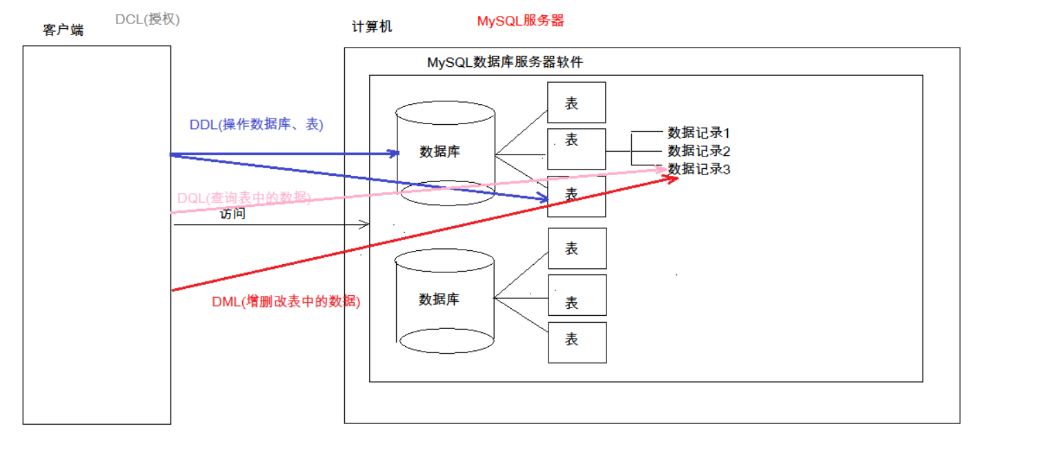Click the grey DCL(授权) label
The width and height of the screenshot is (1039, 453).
pyautogui.click(x=147, y=19)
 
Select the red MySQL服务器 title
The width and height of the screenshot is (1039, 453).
pyautogui.click(x=520, y=21)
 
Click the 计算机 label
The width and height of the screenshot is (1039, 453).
pyautogui.click(x=372, y=27)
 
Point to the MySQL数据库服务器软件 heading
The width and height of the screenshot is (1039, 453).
pyautogui.click(x=504, y=62)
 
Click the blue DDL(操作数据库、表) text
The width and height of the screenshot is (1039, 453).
pyautogui.click(x=256, y=125)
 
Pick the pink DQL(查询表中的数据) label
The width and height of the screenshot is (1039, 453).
pyautogui.click(x=244, y=198)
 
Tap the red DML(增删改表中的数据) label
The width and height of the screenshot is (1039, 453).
pyautogui.click(x=286, y=301)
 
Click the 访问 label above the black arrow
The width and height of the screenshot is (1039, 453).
pyautogui.click(x=232, y=214)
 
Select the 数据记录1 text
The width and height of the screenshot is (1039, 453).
pyautogui.click(x=698, y=132)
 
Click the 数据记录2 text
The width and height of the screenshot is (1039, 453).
pyautogui.click(x=698, y=150)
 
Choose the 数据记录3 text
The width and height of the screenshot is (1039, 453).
pyautogui.click(x=698, y=168)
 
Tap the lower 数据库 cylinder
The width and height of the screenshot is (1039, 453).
pyautogui.click(x=446, y=300)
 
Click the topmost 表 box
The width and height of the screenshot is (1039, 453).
pyautogui.click(x=577, y=103)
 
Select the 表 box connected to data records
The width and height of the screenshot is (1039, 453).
pyautogui.click(x=577, y=148)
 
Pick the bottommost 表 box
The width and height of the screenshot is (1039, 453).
pyautogui.click(x=577, y=342)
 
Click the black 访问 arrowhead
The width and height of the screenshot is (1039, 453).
pyautogui.click(x=366, y=224)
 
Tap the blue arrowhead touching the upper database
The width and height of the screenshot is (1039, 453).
pyautogui.click(x=395, y=153)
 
